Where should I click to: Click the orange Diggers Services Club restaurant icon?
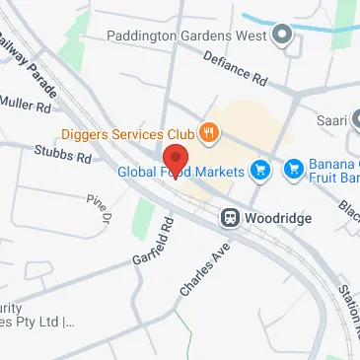pyautogui.click(x=209, y=131)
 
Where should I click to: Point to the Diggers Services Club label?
pyautogui.click(x=128, y=131)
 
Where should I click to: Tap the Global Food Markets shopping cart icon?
pyautogui.click(x=260, y=172)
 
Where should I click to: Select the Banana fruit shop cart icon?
pyautogui.click(x=293, y=171)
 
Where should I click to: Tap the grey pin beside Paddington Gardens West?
pyautogui.click(x=283, y=36)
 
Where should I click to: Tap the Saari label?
pyautogui.click(x=328, y=121)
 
